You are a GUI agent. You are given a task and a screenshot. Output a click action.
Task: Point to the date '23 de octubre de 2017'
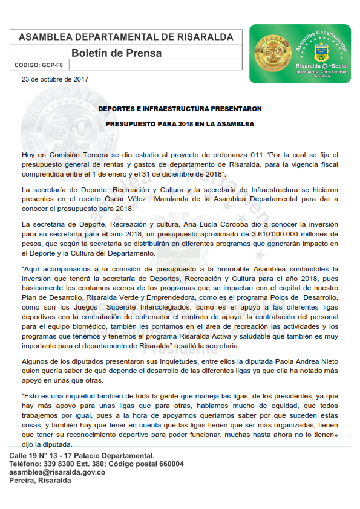pos(55,79)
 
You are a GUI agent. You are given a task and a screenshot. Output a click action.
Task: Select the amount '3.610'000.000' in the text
pos(270,233)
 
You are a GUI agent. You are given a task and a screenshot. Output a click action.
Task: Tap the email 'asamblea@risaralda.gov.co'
pos(57,472)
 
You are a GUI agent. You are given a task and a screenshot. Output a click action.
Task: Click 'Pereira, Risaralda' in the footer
pos(41,481)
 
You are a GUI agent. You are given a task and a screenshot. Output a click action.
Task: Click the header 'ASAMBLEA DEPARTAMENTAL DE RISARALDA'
pos(126,37)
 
